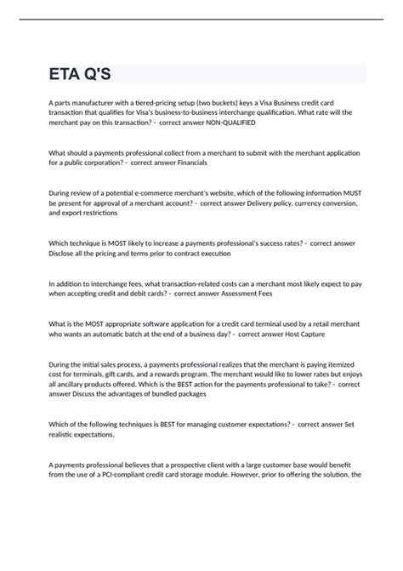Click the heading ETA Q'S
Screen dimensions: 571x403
click(82, 73)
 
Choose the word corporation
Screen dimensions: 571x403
click(102, 162)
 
